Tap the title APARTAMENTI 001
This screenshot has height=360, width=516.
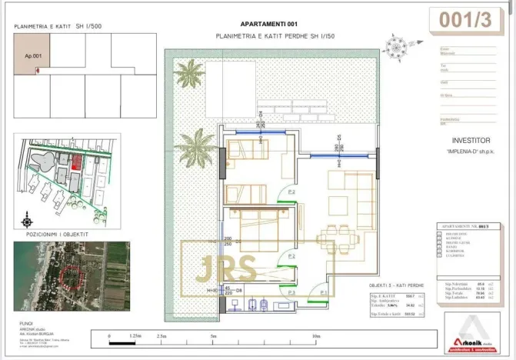(x=269, y=24)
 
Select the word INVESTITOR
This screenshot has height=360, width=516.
(x=471, y=141)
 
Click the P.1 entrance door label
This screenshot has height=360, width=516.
(x=324, y=292)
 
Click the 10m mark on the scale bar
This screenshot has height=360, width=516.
(x=315, y=336)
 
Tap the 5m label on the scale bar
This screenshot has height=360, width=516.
(x=211, y=336)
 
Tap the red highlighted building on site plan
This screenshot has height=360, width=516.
(x=75, y=161)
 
